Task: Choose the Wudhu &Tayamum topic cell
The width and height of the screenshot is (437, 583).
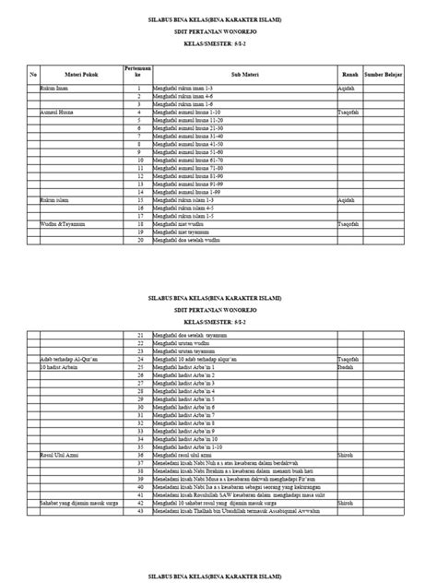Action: [x=64, y=223]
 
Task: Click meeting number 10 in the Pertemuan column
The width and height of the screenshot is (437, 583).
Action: [x=137, y=159]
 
